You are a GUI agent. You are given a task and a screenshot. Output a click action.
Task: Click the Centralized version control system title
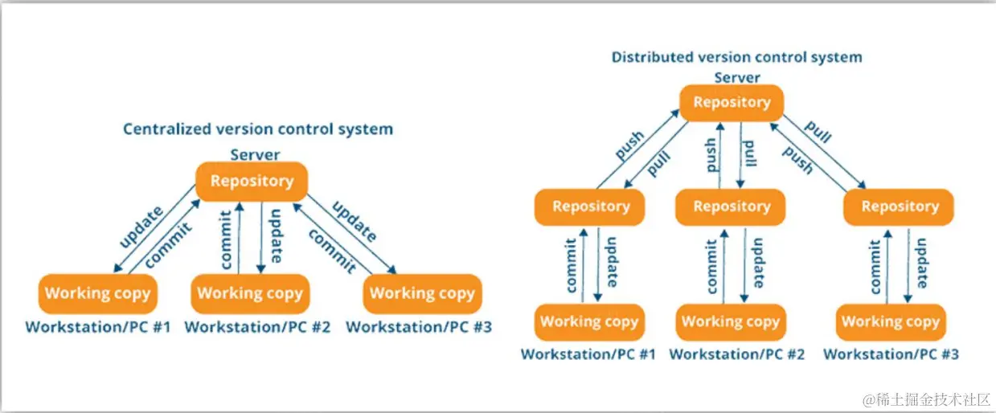pyautogui.click(x=258, y=129)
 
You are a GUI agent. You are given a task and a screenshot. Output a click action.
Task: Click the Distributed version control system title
pyautogui.click(x=737, y=57)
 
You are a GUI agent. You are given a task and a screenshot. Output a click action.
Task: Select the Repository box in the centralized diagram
pyautogui.click(x=252, y=182)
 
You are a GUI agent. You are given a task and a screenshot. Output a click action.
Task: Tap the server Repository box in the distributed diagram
pyautogui.click(x=732, y=103)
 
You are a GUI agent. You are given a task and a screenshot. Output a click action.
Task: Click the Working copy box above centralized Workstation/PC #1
pyautogui.click(x=98, y=294)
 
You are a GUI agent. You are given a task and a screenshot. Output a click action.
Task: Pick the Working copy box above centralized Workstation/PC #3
pyautogui.click(x=422, y=294)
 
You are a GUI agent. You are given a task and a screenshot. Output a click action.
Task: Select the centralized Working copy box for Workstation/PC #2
pyautogui.click(x=250, y=294)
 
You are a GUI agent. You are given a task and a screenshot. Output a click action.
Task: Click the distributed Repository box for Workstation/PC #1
pyautogui.click(x=589, y=207)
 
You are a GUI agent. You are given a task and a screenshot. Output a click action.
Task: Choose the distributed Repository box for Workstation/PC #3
pyautogui.click(x=899, y=207)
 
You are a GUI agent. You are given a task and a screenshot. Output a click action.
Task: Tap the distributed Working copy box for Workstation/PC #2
pyautogui.click(x=731, y=322)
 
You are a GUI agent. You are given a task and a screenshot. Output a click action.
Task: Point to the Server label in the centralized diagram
pyautogui.click(x=255, y=155)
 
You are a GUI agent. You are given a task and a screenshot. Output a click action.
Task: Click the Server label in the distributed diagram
pyautogui.click(x=737, y=78)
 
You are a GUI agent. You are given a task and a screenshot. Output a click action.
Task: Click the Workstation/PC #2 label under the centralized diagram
pyautogui.click(x=257, y=327)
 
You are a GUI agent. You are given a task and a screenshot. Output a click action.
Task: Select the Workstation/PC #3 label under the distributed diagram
pyautogui.click(x=891, y=354)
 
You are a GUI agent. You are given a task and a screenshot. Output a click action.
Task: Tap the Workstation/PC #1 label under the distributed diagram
pyautogui.click(x=588, y=354)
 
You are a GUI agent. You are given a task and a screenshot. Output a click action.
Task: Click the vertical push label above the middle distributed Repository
pyautogui.click(x=711, y=155)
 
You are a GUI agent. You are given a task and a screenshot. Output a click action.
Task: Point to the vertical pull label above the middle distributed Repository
pyautogui.click(x=750, y=153)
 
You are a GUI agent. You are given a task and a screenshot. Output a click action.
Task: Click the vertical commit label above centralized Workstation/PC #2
pyautogui.click(x=227, y=239)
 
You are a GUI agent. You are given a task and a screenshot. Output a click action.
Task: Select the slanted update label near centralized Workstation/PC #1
pyautogui.click(x=141, y=227)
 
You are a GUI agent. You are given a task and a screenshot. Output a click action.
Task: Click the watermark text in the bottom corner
pyautogui.click(x=926, y=399)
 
